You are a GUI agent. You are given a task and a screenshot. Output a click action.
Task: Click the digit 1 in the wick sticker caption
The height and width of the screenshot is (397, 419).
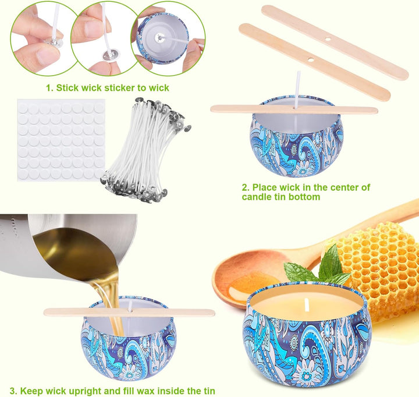click(x=48, y=88)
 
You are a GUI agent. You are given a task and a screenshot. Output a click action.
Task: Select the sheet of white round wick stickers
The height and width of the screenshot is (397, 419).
click(x=61, y=140)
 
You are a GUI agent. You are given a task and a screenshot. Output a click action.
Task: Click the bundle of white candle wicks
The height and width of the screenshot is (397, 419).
click(x=145, y=148)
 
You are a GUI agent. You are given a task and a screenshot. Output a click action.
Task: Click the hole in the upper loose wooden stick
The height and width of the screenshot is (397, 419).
click(x=328, y=40)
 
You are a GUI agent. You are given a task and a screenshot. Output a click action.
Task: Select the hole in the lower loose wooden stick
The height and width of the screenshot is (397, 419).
click(x=310, y=59)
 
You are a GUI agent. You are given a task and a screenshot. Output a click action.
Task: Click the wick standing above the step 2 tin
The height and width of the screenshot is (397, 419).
click(x=298, y=89)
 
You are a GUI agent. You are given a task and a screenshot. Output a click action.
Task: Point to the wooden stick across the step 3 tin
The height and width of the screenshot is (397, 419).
click(x=129, y=312)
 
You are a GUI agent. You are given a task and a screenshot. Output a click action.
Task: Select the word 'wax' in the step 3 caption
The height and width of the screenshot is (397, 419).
click(x=146, y=391)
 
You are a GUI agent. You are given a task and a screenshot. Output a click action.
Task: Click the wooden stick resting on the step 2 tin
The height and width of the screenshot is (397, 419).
click(x=294, y=108)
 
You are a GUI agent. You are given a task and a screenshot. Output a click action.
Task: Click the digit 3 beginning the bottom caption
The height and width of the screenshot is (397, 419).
click(x=13, y=391)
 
